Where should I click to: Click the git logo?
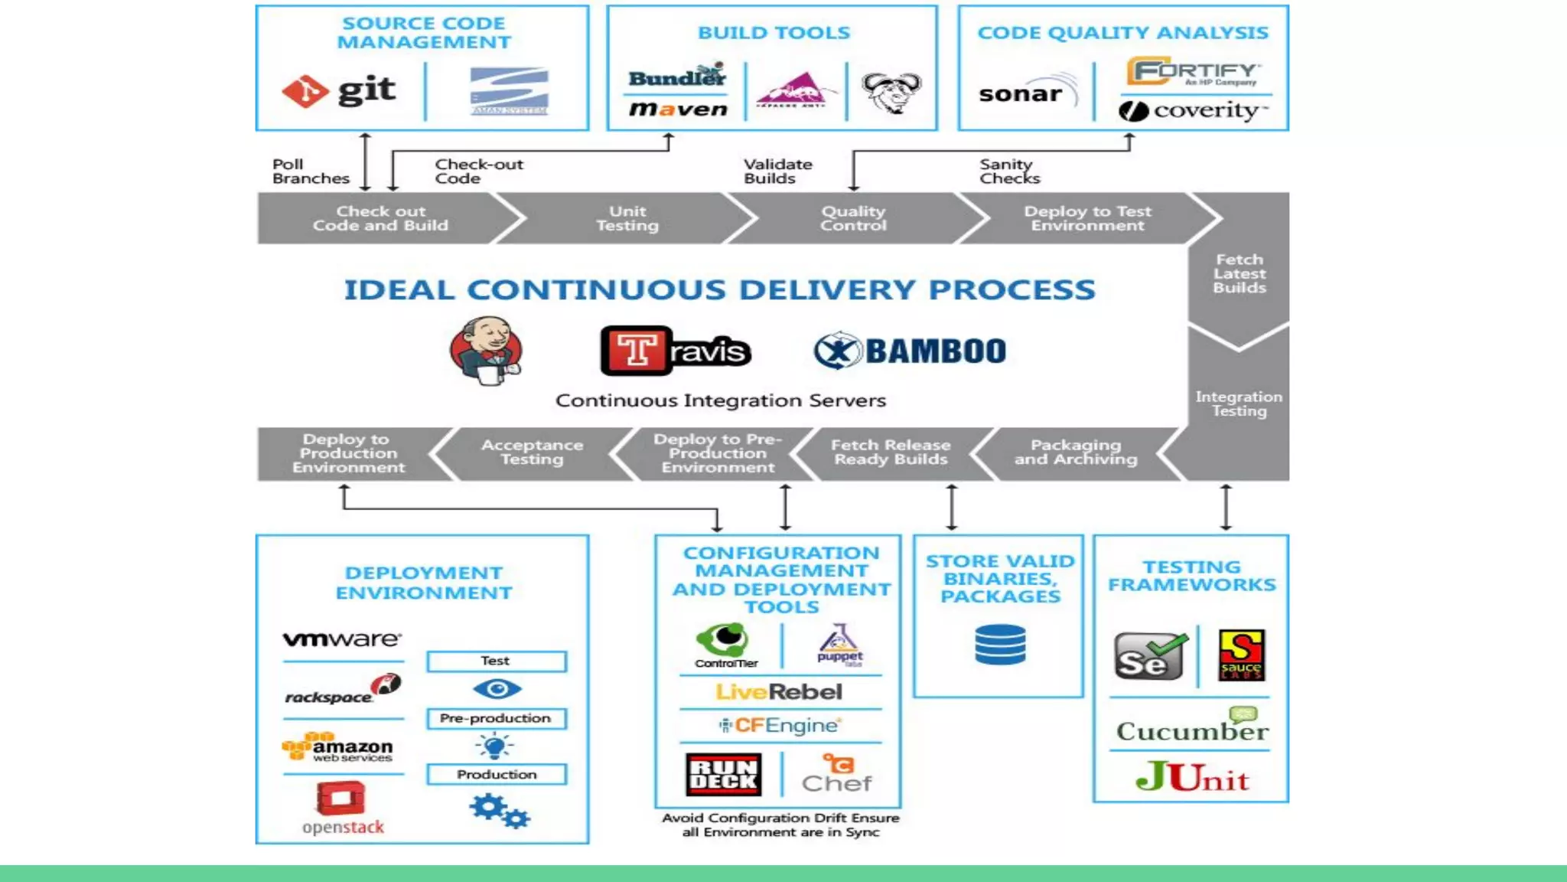[x=340, y=91]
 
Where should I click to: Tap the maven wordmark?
[x=678, y=109]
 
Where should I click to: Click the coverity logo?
[x=1194, y=110]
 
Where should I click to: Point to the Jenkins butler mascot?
[x=487, y=351]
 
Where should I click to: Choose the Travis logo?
[x=675, y=351]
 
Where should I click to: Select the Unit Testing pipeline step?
[x=627, y=218]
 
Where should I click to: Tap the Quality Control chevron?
[x=852, y=218]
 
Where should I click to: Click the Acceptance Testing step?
[x=532, y=452]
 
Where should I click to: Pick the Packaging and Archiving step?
[x=1075, y=452]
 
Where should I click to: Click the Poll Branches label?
[x=310, y=171]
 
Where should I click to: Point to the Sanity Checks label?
[x=1008, y=171]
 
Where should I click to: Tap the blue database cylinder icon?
[x=1000, y=645]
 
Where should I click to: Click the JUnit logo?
[x=1192, y=778]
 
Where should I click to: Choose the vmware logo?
[x=342, y=639]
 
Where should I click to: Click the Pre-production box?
[x=496, y=718]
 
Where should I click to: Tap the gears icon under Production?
[x=499, y=811]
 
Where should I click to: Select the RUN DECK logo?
[x=723, y=774]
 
